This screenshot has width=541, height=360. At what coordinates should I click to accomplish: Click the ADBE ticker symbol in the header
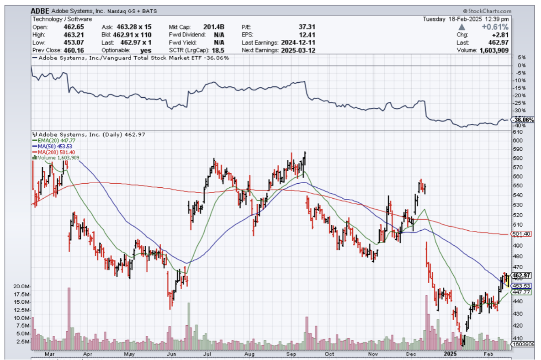tap(41, 11)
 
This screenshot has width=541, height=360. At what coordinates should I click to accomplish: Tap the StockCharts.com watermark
tap(487, 11)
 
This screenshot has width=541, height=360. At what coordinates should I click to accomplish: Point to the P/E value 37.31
tap(306, 27)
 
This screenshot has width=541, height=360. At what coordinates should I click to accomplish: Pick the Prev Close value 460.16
tap(74, 50)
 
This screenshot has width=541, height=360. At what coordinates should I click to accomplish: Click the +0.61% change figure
tap(495, 27)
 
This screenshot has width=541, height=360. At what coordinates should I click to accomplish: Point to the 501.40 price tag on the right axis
tap(521, 234)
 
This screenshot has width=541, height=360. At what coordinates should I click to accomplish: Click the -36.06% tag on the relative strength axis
tap(521, 120)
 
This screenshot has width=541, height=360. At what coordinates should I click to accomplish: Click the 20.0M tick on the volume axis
tap(21, 286)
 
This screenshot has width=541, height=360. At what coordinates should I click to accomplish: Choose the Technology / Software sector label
tap(62, 19)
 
